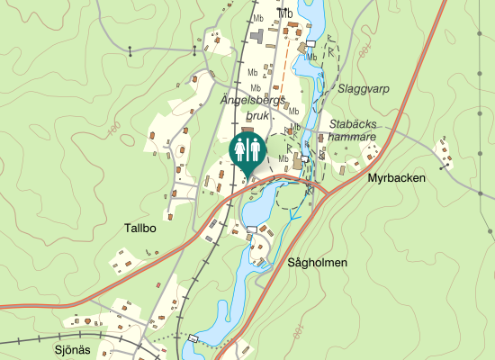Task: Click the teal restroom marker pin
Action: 247,149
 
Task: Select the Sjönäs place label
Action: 74,350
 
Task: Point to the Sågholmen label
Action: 317,263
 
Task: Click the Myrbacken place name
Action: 395,178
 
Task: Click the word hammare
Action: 352,136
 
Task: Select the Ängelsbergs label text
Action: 252,102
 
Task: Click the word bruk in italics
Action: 234,115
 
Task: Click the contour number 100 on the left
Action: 113,130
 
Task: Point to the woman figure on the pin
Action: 254,148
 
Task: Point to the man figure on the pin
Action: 240,148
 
